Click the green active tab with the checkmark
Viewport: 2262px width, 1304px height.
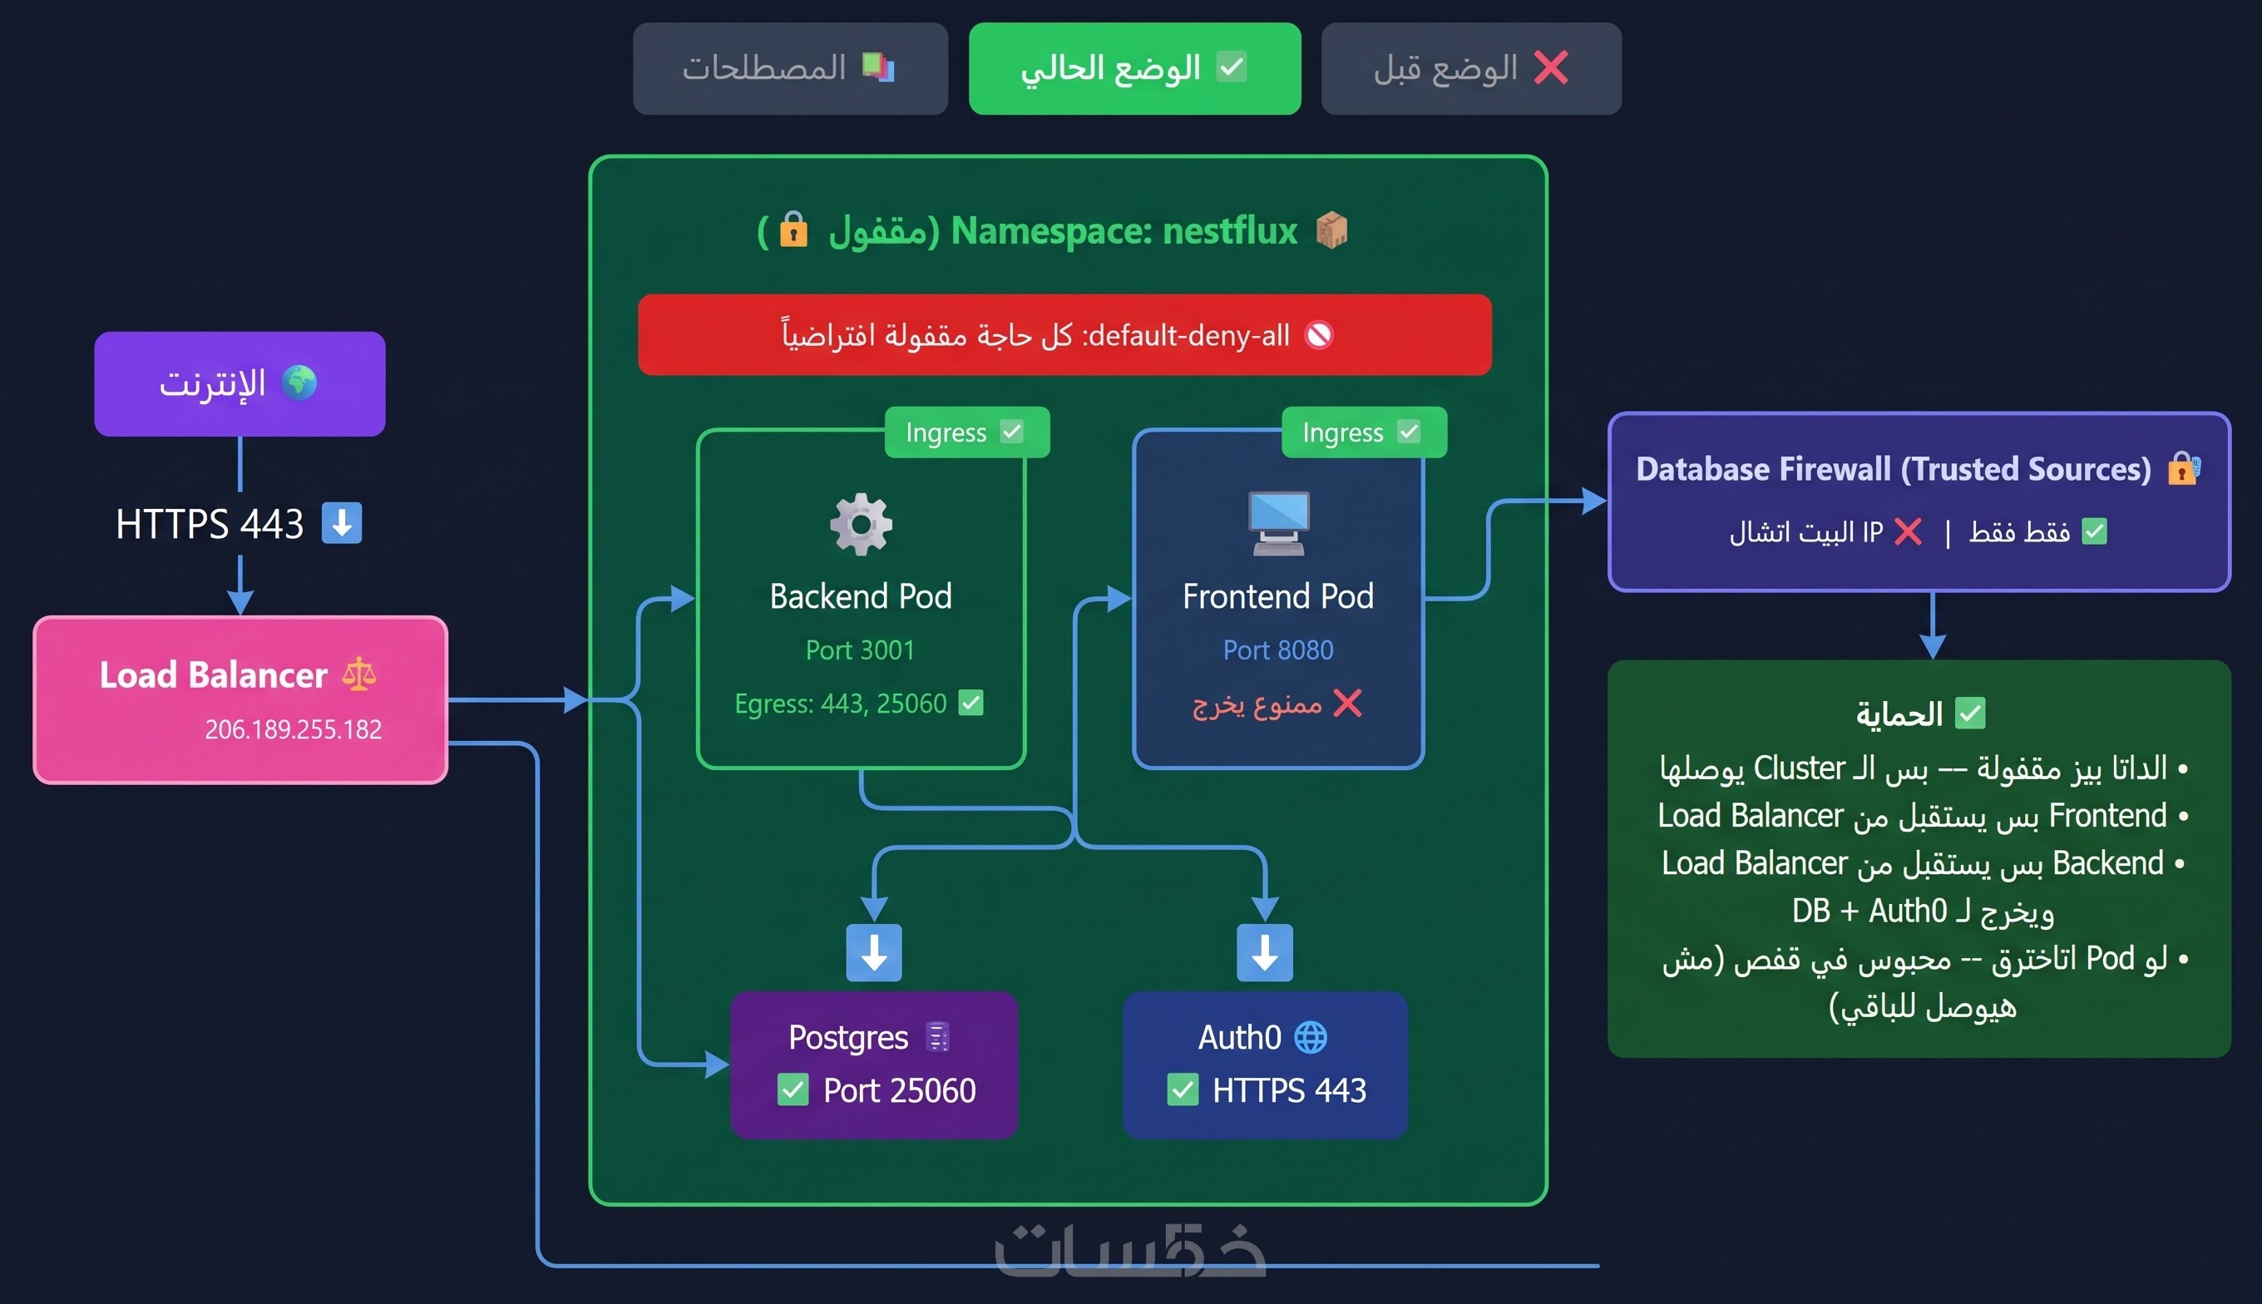pyautogui.click(x=1134, y=68)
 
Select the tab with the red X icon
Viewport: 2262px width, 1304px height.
pyautogui.click(x=1471, y=68)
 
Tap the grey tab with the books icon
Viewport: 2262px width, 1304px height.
pyautogui.click(x=790, y=68)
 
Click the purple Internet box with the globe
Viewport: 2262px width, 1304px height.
pyautogui.click(x=240, y=383)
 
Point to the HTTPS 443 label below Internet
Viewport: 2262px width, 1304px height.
pyautogui.click(x=238, y=524)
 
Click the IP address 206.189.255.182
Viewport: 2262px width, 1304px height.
pyautogui.click(x=293, y=729)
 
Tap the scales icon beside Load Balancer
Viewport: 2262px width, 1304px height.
pyautogui.click(x=359, y=674)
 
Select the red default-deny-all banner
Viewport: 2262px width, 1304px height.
pyautogui.click(x=1064, y=335)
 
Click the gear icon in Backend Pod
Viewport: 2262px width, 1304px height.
pyautogui.click(x=861, y=524)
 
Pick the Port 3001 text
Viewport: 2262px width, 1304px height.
pyautogui.click(x=860, y=650)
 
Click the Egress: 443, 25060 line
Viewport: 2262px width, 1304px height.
pyautogui.click(x=858, y=703)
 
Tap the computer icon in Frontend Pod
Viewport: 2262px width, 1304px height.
pyautogui.click(x=1279, y=523)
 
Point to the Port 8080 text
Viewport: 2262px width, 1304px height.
pyautogui.click(x=1278, y=650)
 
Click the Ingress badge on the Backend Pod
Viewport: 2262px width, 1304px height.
pyautogui.click(x=967, y=432)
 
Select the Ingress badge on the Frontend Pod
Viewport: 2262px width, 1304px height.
pyautogui.click(x=1364, y=432)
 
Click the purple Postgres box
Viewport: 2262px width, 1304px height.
pyautogui.click(x=874, y=1064)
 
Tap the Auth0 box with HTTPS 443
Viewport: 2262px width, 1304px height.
pyautogui.click(x=1266, y=1064)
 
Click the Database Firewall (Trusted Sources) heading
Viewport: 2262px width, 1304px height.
pyautogui.click(x=1893, y=469)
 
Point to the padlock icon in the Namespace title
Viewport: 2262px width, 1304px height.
pyautogui.click(x=793, y=230)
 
